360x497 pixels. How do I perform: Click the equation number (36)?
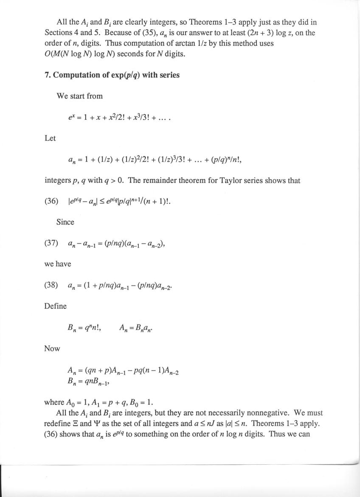(x=51, y=201)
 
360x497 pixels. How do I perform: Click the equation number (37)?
(x=51, y=243)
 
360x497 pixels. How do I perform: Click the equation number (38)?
(x=51, y=285)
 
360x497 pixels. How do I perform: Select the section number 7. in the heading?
(x=48, y=75)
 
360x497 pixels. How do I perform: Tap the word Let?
(x=50, y=138)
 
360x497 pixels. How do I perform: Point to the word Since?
(x=65, y=222)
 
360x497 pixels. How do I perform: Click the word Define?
(x=55, y=306)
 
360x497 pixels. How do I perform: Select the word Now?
(x=52, y=348)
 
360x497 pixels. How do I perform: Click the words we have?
(x=58, y=264)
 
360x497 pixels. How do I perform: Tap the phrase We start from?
(x=79, y=96)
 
